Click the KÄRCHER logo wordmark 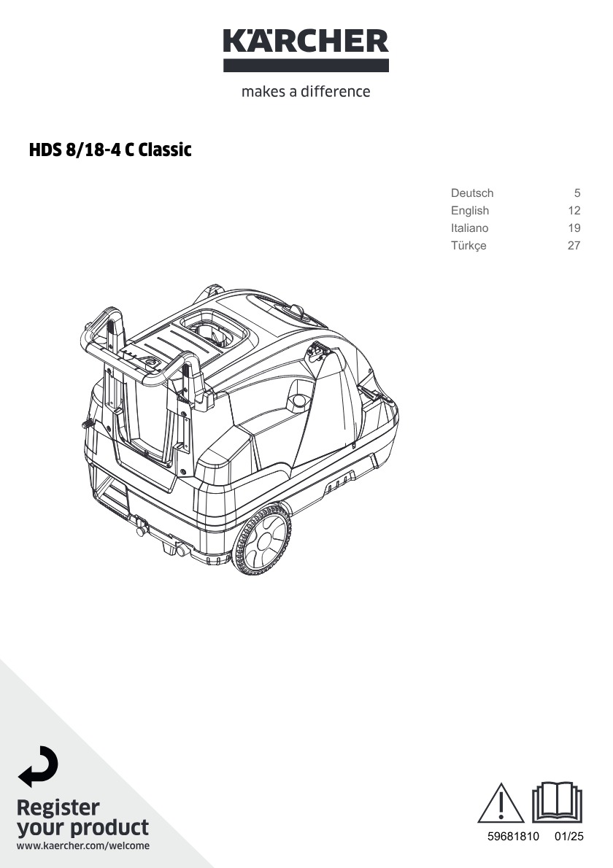pyautogui.click(x=306, y=40)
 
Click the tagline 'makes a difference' pyautogui.click(x=306, y=91)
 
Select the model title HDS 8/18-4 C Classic pyautogui.click(x=110, y=150)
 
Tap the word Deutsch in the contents pyautogui.click(x=472, y=193)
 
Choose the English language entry pyautogui.click(x=469, y=211)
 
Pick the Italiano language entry pyautogui.click(x=469, y=228)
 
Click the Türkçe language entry pyautogui.click(x=469, y=246)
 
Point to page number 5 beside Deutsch pyautogui.click(x=577, y=193)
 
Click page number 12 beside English pyautogui.click(x=574, y=210)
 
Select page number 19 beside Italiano pyautogui.click(x=574, y=228)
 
